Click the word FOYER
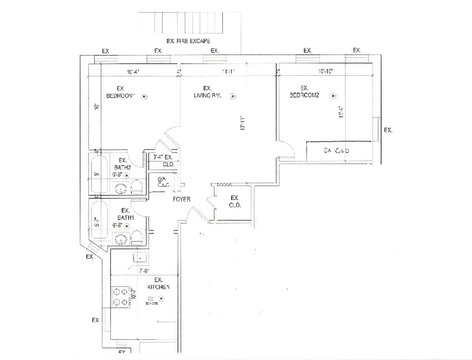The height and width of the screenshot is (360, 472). pos(181,199)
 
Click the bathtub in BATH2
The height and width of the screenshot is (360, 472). pos(98,174)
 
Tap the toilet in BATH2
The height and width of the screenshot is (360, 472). pos(137,188)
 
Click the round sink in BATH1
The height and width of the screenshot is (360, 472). pos(121,239)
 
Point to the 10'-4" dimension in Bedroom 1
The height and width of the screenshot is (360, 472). pos(134,72)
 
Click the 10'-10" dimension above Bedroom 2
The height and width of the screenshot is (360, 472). pos(325,72)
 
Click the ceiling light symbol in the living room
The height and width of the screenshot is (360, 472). pos(233,95)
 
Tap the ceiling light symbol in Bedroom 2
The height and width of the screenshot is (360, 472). pos(333,95)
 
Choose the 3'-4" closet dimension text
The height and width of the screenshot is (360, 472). pos(158,157)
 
